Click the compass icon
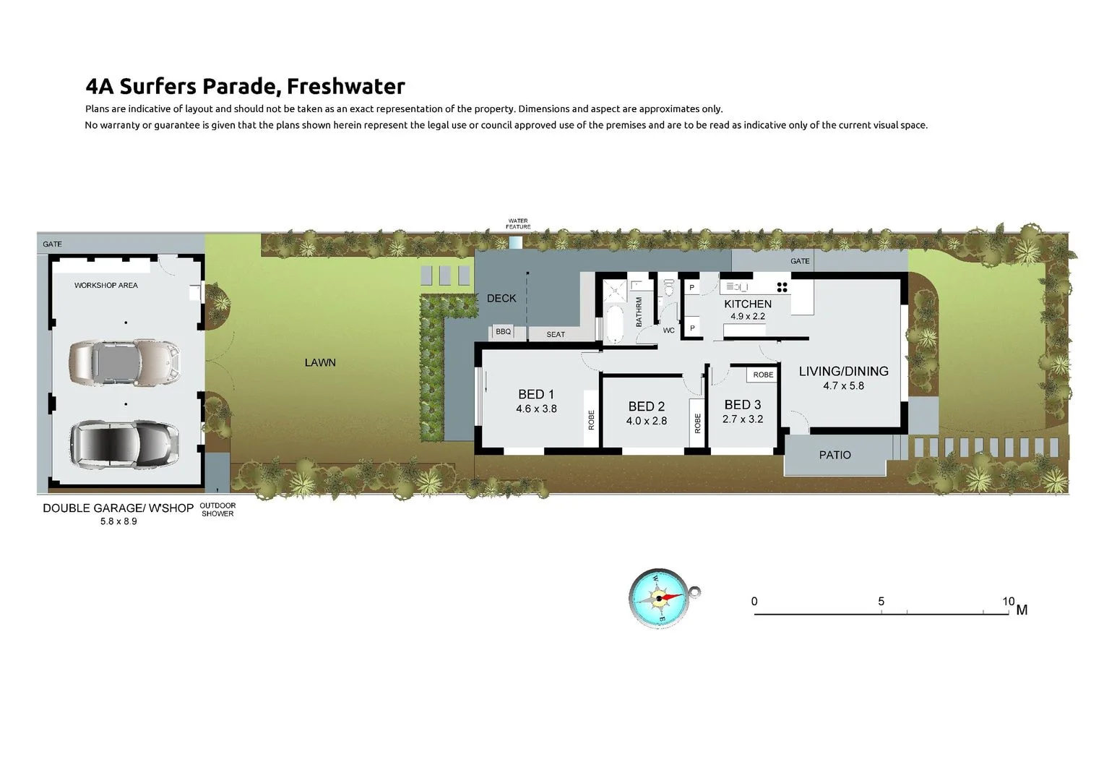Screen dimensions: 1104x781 click(x=660, y=599)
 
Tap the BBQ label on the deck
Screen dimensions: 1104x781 click(x=503, y=331)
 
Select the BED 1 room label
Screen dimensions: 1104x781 click(x=536, y=394)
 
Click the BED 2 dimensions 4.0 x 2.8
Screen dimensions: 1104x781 click(x=647, y=421)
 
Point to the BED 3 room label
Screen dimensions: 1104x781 click(x=743, y=404)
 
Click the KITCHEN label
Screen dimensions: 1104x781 click(x=748, y=304)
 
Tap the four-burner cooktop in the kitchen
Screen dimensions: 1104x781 click(x=782, y=287)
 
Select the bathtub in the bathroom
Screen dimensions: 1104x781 click(x=615, y=324)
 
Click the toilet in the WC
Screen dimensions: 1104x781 click(x=669, y=288)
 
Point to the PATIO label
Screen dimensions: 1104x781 click(x=835, y=455)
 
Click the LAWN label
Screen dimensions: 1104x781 click(x=320, y=362)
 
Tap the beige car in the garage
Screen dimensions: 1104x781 click(x=125, y=362)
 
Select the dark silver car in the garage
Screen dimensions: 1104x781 click(x=124, y=443)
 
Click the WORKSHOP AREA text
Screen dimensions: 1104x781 click(x=106, y=285)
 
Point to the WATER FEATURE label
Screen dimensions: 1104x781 click(x=518, y=224)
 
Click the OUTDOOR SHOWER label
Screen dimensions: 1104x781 click(x=218, y=510)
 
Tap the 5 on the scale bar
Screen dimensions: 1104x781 click(x=881, y=602)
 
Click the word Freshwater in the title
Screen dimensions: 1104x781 click(x=346, y=86)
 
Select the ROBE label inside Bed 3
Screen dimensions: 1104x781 click(x=763, y=375)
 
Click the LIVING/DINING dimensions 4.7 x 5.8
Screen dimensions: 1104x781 click(x=844, y=386)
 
